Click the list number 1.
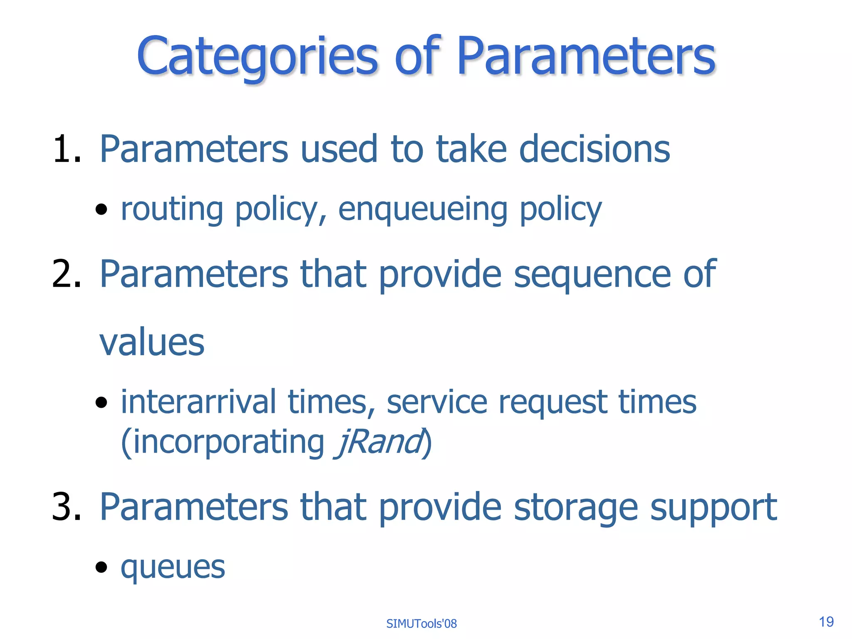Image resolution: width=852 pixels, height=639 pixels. (66, 149)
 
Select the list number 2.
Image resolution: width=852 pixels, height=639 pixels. (66, 274)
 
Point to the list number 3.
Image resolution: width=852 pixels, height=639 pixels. (66, 507)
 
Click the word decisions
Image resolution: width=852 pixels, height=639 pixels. (595, 149)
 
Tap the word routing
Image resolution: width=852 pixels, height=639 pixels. (172, 209)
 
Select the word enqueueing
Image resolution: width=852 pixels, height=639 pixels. (423, 210)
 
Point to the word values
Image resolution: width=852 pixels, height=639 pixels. (152, 342)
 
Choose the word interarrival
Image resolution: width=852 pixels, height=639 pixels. (198, 402)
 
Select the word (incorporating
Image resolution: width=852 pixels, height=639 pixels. (223, 443)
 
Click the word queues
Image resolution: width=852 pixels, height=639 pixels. (173, 567)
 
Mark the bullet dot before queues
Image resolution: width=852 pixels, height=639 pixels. (101, 567)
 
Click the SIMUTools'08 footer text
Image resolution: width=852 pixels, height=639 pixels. (421, 624)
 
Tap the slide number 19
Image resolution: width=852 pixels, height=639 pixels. (826, 622)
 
